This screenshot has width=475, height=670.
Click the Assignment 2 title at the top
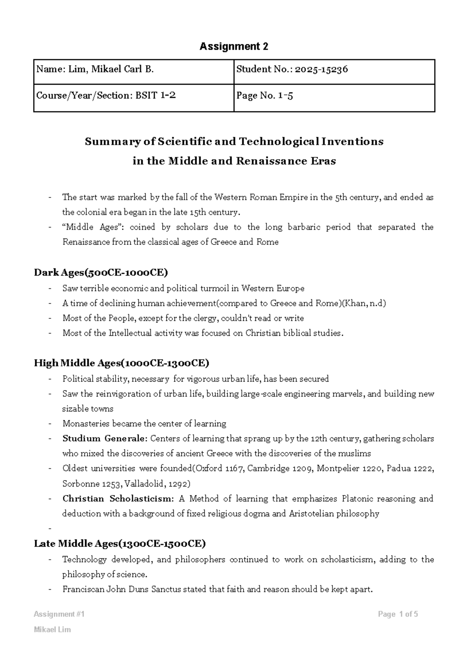click(x=234, y=47)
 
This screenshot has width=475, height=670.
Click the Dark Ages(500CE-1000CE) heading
click(x=101, y=273)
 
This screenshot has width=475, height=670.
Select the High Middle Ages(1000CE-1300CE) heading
click(x=122, y=363)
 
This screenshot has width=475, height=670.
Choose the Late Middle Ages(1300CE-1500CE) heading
click(x=120, y=544)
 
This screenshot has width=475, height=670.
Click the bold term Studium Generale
click(x=105, y=439)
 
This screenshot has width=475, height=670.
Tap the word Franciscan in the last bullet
click(x=83, y=589)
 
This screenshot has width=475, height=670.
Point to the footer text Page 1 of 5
click(x=398, y=614)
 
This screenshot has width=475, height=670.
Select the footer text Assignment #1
click(x=59, y=614)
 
